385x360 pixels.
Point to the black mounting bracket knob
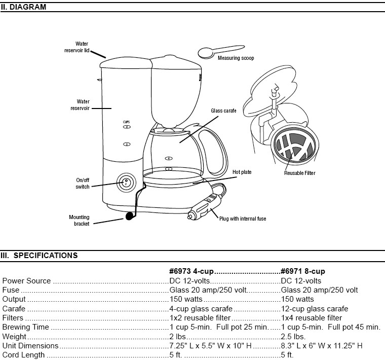tap(130, 216)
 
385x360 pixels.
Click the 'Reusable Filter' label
tap(299, 173)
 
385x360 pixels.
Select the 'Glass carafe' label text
tap(223, 110)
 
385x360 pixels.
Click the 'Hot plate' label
tap(242, 172)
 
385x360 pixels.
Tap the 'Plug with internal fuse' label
tap(242, 219)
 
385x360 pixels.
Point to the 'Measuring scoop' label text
tap(236, 58)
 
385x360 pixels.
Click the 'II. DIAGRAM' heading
tap(24, 7)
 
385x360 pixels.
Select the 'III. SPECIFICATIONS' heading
tap(39, 256)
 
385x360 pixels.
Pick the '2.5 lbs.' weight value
tap(293, 336)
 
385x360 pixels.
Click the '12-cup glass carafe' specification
tap(314, 308)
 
